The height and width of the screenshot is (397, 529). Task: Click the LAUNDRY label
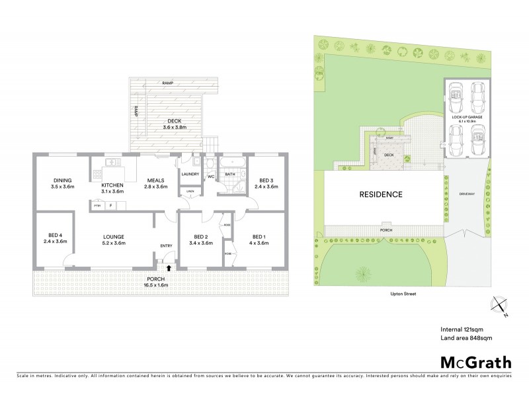point(190,175)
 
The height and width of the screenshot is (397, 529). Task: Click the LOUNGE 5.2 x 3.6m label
point(114,240)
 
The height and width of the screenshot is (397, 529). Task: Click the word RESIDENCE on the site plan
point(380,195)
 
